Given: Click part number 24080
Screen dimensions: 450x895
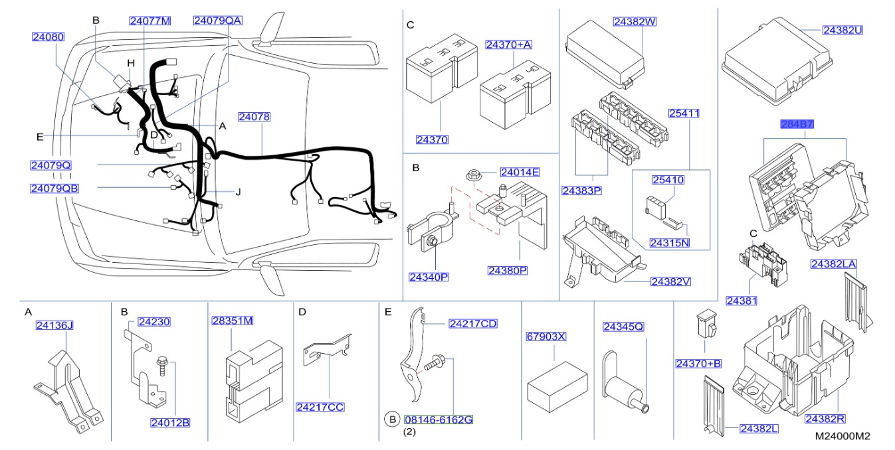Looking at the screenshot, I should (x=49, y=37).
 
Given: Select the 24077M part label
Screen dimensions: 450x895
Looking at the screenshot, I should (x=149, y=21).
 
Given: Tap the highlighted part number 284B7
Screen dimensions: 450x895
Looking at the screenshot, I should (x=797, y=124).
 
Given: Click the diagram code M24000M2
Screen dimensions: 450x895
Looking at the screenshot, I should (x=843, y=436).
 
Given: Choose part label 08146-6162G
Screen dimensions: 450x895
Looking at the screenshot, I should (x=438, y=419).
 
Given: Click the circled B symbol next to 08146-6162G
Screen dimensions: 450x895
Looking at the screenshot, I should (x=392, y=419).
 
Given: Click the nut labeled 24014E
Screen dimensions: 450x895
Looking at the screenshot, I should (x=473, y=176).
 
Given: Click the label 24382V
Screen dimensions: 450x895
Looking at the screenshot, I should (x=670, y=281).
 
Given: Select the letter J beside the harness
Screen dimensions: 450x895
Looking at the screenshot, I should (x=238, y=192).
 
